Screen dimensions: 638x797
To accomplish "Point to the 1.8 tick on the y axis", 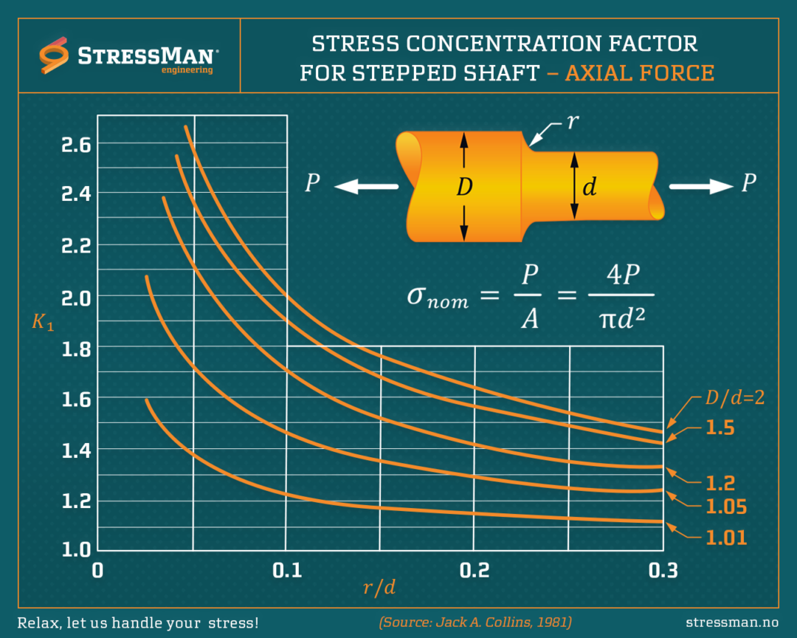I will point(75,348).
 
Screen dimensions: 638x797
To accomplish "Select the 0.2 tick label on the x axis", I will point(475,570).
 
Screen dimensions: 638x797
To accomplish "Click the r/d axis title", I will point(379,588).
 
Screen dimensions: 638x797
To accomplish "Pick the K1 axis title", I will point(42,322).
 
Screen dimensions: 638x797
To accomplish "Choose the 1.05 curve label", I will point(726,507).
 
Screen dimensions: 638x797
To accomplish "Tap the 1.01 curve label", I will point(726,538).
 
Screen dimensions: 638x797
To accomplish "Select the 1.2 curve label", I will point(720,483).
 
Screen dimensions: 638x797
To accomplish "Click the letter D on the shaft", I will point(463,188).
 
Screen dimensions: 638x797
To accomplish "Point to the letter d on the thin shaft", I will point(589,188).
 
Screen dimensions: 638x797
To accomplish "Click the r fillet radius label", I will point(571,123).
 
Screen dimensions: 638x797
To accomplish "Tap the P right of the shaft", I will point(748,183).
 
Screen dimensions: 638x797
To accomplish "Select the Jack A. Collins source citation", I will point(475,622).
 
